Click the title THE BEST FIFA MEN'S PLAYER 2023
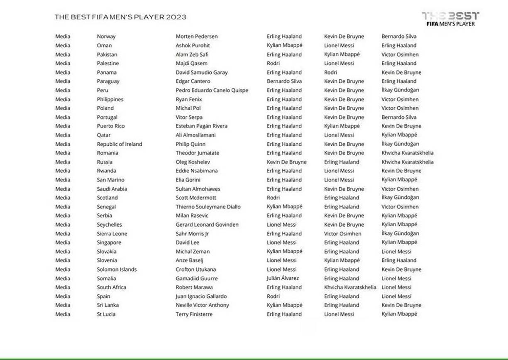120,17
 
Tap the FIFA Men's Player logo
450,19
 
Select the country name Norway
106,37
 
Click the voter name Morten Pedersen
196,37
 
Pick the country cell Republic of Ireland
120,144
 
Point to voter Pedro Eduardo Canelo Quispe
212,90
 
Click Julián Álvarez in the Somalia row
283,278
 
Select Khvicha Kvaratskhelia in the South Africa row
350,287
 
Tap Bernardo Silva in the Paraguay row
284,81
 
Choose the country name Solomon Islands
117,269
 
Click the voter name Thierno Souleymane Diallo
208,207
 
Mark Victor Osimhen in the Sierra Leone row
342,234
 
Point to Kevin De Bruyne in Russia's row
286,162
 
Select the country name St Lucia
106,314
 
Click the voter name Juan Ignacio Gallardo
201,296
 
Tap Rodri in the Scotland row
273,198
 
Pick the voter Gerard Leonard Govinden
207,225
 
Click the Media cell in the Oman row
63,46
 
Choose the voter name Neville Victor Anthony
202,305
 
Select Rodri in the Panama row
330,72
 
